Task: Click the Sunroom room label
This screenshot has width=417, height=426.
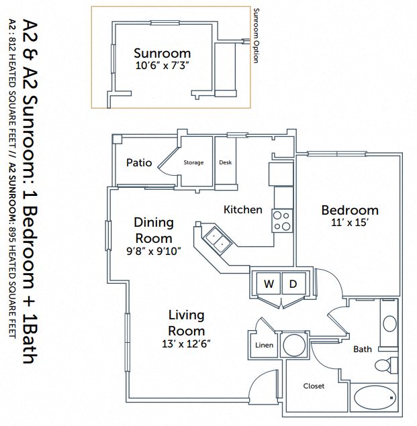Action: click(162, 53)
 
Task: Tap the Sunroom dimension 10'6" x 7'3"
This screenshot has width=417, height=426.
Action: click(162, 66)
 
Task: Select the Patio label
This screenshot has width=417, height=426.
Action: click(138, 162)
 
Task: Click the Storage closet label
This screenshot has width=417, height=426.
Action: click(193, 162)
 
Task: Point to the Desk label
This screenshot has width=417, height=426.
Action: click(225, 162)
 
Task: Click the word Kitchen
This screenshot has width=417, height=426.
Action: click(242, 209)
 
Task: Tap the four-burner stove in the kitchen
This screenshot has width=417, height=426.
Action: click(283, 221)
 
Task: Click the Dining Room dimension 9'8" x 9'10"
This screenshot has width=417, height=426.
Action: click(153, 252)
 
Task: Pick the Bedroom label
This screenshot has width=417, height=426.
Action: click(349, 209)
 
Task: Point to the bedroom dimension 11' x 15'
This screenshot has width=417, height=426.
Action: click(349, 222)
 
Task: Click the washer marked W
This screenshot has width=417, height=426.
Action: click(268, 284)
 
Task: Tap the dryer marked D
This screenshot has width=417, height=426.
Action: click(293, 284)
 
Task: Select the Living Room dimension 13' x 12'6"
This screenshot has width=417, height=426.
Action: click(186, 343)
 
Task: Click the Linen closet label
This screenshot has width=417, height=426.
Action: click(264, 345)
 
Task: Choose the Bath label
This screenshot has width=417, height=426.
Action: click(363, 349)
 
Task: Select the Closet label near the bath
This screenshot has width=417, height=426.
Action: click(314, 386)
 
